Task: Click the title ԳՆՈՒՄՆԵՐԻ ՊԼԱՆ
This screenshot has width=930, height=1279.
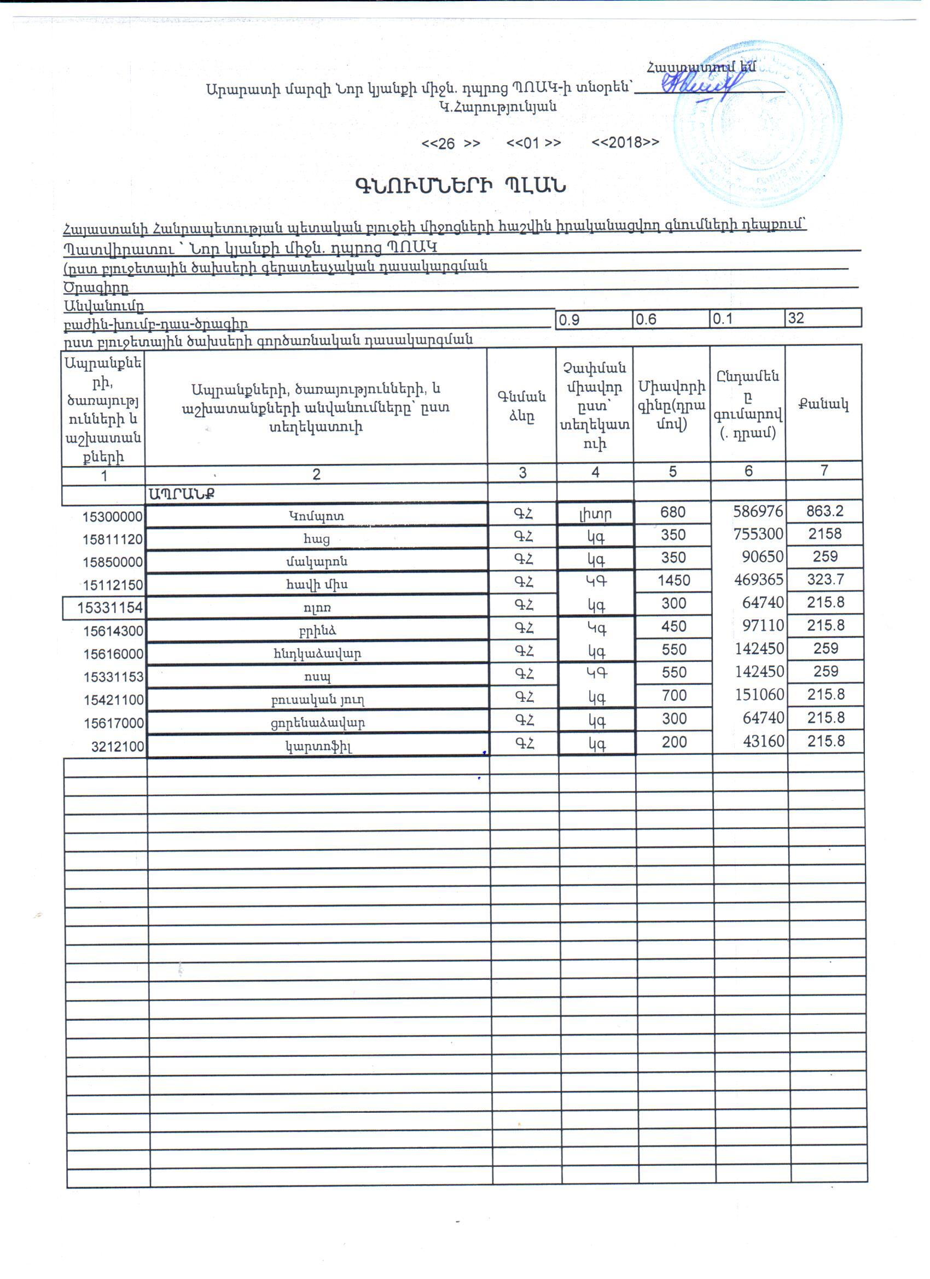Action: (460, 185)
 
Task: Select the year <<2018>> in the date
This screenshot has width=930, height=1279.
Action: (625, 143)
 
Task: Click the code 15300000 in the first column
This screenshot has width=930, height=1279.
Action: (112, 517)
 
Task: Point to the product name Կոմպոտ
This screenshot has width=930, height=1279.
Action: (316, 515)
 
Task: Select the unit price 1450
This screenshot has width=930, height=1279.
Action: (673, 580)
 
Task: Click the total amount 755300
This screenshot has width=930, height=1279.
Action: (758, 534)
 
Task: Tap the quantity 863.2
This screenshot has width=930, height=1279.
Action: (824, 511)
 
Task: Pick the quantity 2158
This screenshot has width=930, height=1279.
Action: (824, 533)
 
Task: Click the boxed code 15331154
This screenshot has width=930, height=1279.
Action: (110, 607)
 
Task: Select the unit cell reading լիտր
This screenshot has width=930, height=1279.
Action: (596, 514)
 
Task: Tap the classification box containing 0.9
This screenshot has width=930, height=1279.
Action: (594, 319)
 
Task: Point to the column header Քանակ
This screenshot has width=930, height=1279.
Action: (823, 404)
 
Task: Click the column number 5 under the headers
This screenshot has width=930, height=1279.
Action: (672, 472)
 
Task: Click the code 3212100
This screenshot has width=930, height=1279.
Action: (117, 747)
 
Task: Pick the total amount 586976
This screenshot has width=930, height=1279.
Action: (758, 511)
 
